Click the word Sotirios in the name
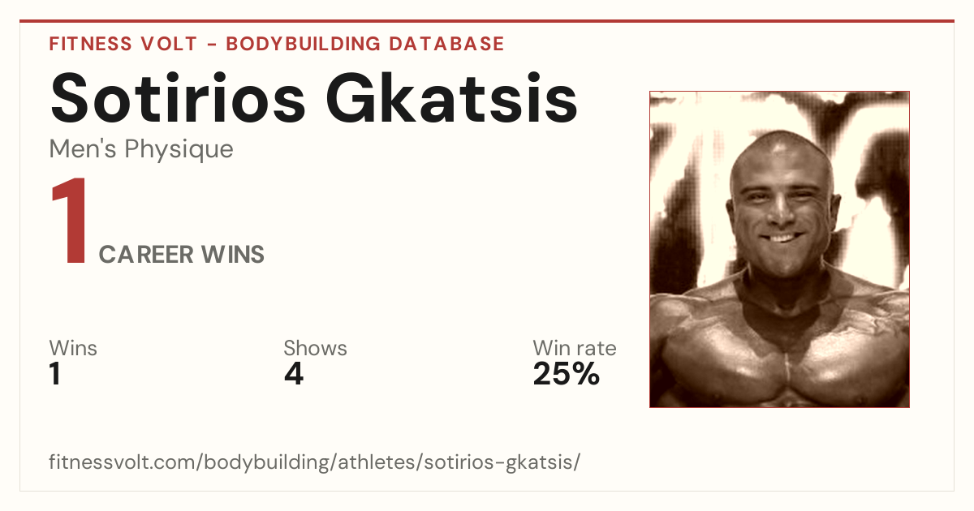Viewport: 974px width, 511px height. pos(178,98)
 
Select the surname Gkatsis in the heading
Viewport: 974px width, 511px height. pos(451,98)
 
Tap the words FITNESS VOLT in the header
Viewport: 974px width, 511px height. pos(123,44)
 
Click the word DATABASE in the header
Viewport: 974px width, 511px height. pos(446,44)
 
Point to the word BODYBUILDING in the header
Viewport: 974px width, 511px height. pos(304,44)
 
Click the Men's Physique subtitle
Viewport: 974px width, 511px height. pos(141,149)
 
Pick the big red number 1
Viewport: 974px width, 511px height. pos(70,221)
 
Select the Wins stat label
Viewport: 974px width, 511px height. pos(73,348)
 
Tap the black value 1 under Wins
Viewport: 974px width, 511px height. pos(55,373)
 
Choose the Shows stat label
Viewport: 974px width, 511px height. pos(315,348)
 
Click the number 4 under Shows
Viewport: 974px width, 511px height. pos(294,373)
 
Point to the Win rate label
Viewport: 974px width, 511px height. pos(575,348)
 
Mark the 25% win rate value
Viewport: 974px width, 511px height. pos(567,373)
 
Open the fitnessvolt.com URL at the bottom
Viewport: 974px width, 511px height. pos(314,462)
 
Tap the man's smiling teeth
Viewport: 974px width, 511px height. pos(782,238)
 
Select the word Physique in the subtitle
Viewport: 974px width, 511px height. pos(179,149)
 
